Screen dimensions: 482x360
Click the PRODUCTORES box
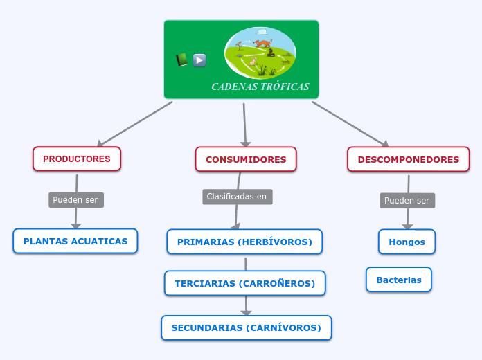(77, 159)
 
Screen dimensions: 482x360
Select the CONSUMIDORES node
(246, 159)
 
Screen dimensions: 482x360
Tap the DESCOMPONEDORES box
(408, 159)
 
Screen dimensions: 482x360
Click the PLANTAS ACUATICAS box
(75, 241)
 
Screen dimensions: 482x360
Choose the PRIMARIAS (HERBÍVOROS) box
(244, 242)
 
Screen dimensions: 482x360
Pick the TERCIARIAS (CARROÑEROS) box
(245, 283)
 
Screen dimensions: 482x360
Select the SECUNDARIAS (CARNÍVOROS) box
(247, 327)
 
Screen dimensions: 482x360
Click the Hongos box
(407, 242)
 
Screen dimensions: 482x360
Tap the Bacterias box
(399, 280)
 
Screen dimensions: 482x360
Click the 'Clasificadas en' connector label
(238, 197)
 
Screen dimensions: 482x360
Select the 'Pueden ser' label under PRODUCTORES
(76, 200)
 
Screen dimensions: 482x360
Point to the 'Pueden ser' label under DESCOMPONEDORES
(407, 201)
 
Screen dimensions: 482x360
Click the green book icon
(181, 60)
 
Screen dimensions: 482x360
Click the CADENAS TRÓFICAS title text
(260, 87)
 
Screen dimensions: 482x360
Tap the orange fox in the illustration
(262, 43)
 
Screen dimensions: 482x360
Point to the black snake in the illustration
(270, 53)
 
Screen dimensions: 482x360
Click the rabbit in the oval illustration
(253, 61)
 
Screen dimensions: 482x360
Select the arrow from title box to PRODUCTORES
(135, 123)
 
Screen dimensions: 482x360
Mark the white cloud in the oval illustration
(262, 32)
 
